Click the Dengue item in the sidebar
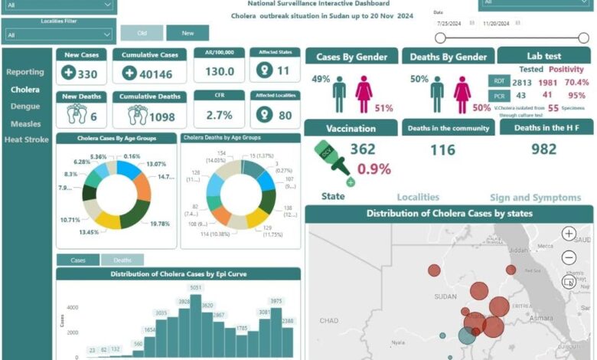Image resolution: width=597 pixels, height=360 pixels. [25, 106]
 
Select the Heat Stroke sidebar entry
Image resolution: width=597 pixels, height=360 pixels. [27, 139]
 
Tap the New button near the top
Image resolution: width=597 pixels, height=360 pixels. [187, 33]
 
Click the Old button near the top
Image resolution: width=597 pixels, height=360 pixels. [142, 33]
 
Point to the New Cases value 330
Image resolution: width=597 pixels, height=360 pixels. [87, 74]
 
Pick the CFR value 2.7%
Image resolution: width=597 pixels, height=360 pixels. [220, 115]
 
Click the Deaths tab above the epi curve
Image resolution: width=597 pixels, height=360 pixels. [122, 260]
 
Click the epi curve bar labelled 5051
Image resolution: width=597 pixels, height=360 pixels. [196, 326]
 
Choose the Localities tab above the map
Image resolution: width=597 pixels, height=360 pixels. [418, 198]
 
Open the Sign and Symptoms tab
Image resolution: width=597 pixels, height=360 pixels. [535, 198]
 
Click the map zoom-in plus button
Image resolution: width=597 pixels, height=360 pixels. [569, 234]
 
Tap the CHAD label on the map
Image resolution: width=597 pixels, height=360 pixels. [328, 321]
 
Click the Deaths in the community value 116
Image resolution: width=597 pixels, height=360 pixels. [442, 150]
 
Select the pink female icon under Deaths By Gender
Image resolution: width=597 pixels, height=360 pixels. [462, 95]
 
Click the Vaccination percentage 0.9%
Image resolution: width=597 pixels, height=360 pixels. [374, 169]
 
